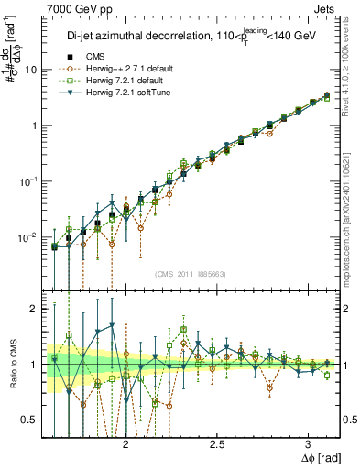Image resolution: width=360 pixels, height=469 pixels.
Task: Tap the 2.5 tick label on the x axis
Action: pyautogui.click(x=217, y=443)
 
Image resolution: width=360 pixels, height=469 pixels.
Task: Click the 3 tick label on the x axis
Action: pyautogui.click(x=308, y=443)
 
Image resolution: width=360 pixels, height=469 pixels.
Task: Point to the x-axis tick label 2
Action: pyautogui.click(x=126, y=443)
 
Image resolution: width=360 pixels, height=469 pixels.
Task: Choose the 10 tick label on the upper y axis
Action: pyautogui.click(x=32, y=70)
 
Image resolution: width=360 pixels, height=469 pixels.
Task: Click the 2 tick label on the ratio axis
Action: pyautogui.click(x=35, y=310)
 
